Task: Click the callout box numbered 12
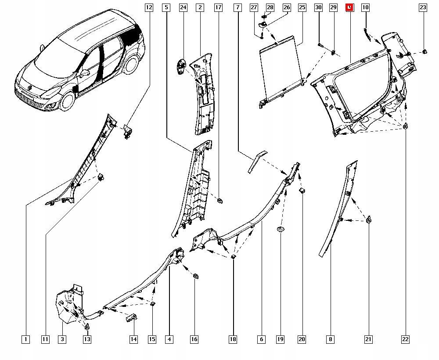tap(149, 7)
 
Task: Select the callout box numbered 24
tap(183, 7)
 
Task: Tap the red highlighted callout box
tap(349, 7)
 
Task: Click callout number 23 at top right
tap(422, 7)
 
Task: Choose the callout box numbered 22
tap(405, 339)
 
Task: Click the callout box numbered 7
tap(237, 7)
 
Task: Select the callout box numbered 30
tap(319, 7)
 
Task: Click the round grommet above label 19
tap(280, 230)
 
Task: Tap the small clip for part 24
tap(181, 66)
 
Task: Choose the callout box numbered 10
tap(365, 7)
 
